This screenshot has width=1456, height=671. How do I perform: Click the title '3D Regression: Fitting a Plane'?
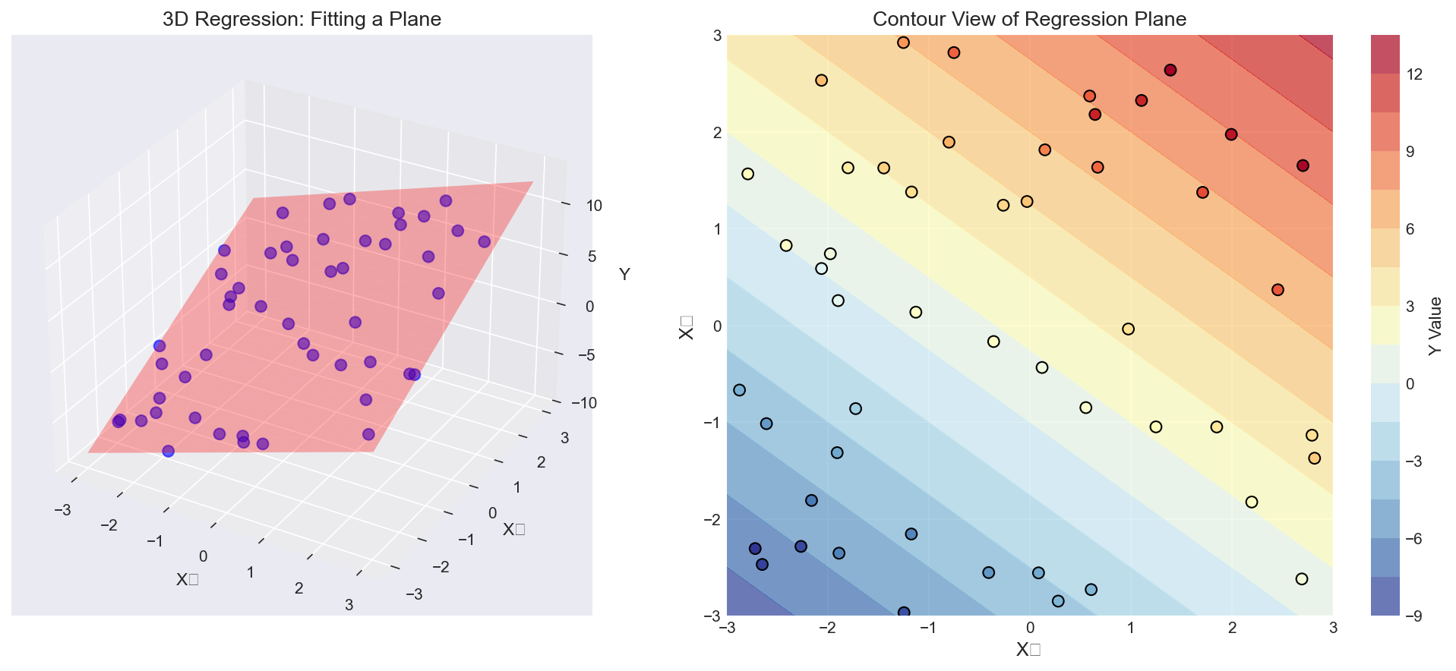(302, 19)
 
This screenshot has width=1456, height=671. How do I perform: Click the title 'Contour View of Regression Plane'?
(1029, 19)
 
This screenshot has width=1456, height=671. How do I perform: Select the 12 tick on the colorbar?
(1414, 74)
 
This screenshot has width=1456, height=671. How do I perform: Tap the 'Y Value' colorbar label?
(1434, 326)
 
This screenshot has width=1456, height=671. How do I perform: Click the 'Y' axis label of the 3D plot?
(624, 274)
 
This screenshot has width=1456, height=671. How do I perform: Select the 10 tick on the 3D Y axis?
(594, 206)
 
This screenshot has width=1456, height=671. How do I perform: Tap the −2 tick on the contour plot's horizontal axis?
(828, 628)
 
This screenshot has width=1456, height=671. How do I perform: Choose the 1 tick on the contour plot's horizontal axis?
(1131, 628)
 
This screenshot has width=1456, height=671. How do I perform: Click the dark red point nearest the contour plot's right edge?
(1303, 165)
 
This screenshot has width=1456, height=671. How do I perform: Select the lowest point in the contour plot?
(904, 613)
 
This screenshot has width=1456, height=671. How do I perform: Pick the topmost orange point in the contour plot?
(903, 43)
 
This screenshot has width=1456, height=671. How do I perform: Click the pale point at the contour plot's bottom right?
(1302, 579)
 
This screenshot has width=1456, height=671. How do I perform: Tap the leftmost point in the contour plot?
(739, 390)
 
